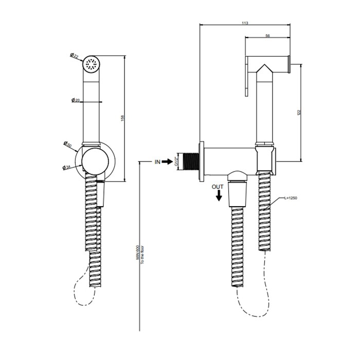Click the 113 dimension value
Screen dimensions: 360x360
[245, 23]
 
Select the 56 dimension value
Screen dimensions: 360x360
[268, 36]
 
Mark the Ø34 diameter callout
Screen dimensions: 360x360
[67, 167]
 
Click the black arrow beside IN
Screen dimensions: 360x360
[169, 161]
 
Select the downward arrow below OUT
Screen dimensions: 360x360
[220, 196]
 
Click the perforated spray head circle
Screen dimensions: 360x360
[92, 64]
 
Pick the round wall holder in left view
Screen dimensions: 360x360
[96, 160]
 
